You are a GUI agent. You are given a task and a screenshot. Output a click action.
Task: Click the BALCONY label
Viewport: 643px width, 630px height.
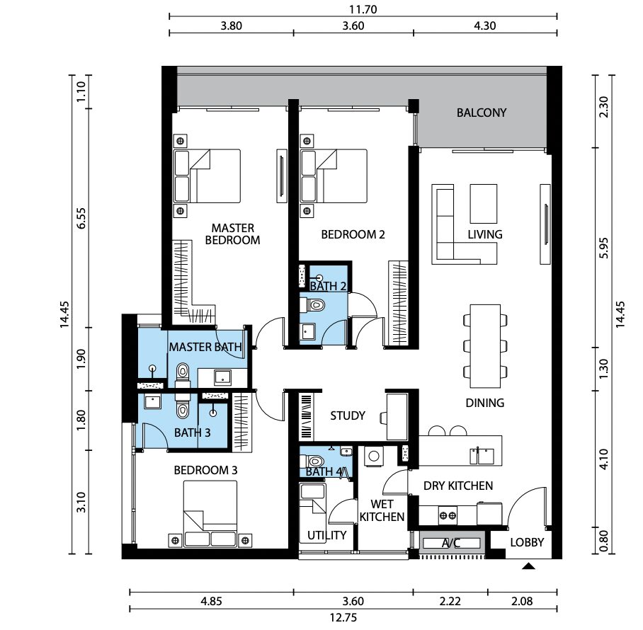click(482, 113)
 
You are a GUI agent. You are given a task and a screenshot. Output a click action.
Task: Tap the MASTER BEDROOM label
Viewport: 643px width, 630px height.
click(232, 234)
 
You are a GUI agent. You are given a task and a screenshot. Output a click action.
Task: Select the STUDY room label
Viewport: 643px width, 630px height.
click(347, 416)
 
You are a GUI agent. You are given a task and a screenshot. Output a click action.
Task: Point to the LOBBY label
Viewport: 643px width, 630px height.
click(527, 542)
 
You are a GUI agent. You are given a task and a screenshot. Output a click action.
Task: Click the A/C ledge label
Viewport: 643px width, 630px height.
click(450, 543)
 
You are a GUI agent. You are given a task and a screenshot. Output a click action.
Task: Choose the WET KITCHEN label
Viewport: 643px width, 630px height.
click(382, 510)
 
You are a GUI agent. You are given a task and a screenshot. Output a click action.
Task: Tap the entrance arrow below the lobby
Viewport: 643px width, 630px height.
click(528, 566)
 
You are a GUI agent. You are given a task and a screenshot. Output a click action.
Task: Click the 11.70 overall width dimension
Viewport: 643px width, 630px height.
click(363, 9)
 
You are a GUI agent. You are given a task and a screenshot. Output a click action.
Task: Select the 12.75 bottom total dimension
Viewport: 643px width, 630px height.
click(343, 617)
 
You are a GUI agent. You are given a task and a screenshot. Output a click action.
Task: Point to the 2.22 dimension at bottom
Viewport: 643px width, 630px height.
click(450, 601)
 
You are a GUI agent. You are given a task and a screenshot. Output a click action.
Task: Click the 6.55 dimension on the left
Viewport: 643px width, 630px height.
click(81, 219)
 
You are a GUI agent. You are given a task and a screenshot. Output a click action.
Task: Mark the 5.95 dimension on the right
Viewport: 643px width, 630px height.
click(603, 248)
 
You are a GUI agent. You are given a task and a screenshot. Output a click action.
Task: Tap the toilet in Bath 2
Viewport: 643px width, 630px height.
click(312, 305)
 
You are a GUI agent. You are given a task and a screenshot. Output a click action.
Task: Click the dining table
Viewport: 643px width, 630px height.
click(485, 346)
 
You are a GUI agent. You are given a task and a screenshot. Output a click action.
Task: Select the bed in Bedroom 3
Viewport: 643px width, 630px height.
click(210, 514)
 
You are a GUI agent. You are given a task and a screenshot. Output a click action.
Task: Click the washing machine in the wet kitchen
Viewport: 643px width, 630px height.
click(374, 456)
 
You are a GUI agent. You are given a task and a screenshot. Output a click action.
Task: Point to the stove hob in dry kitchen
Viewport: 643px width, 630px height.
click(448, 515)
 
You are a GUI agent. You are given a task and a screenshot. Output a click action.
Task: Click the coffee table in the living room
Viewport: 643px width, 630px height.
click(484, 204)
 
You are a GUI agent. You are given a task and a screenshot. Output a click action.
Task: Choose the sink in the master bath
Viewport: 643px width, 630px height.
click(222, 377)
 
